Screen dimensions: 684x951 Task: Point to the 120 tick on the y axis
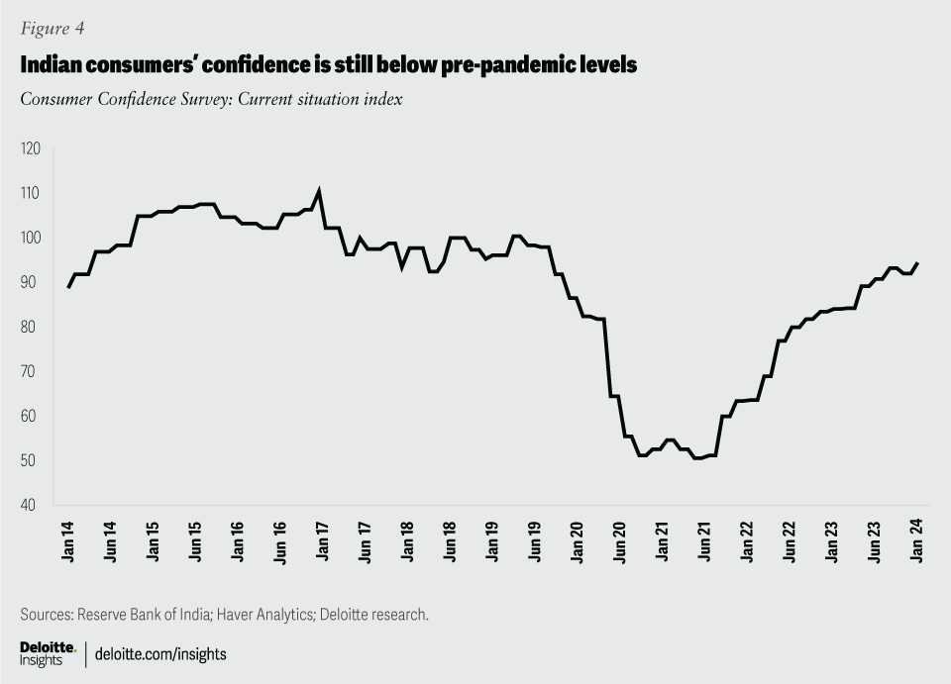31,148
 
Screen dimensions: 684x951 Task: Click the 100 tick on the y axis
31,238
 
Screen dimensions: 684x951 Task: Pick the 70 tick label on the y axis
31,371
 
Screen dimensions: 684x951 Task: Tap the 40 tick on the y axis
31,505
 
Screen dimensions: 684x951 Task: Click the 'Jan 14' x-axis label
68,540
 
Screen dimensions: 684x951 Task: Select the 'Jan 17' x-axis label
323,540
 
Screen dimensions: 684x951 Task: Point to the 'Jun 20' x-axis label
620,540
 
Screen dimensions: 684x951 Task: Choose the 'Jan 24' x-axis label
916,540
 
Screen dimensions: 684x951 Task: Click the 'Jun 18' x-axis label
451,540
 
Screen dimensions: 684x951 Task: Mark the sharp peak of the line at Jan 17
318,191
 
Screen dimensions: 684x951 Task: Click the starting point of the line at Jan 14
68,287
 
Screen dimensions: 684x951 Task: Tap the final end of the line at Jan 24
917,262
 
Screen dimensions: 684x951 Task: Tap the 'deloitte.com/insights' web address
161,654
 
